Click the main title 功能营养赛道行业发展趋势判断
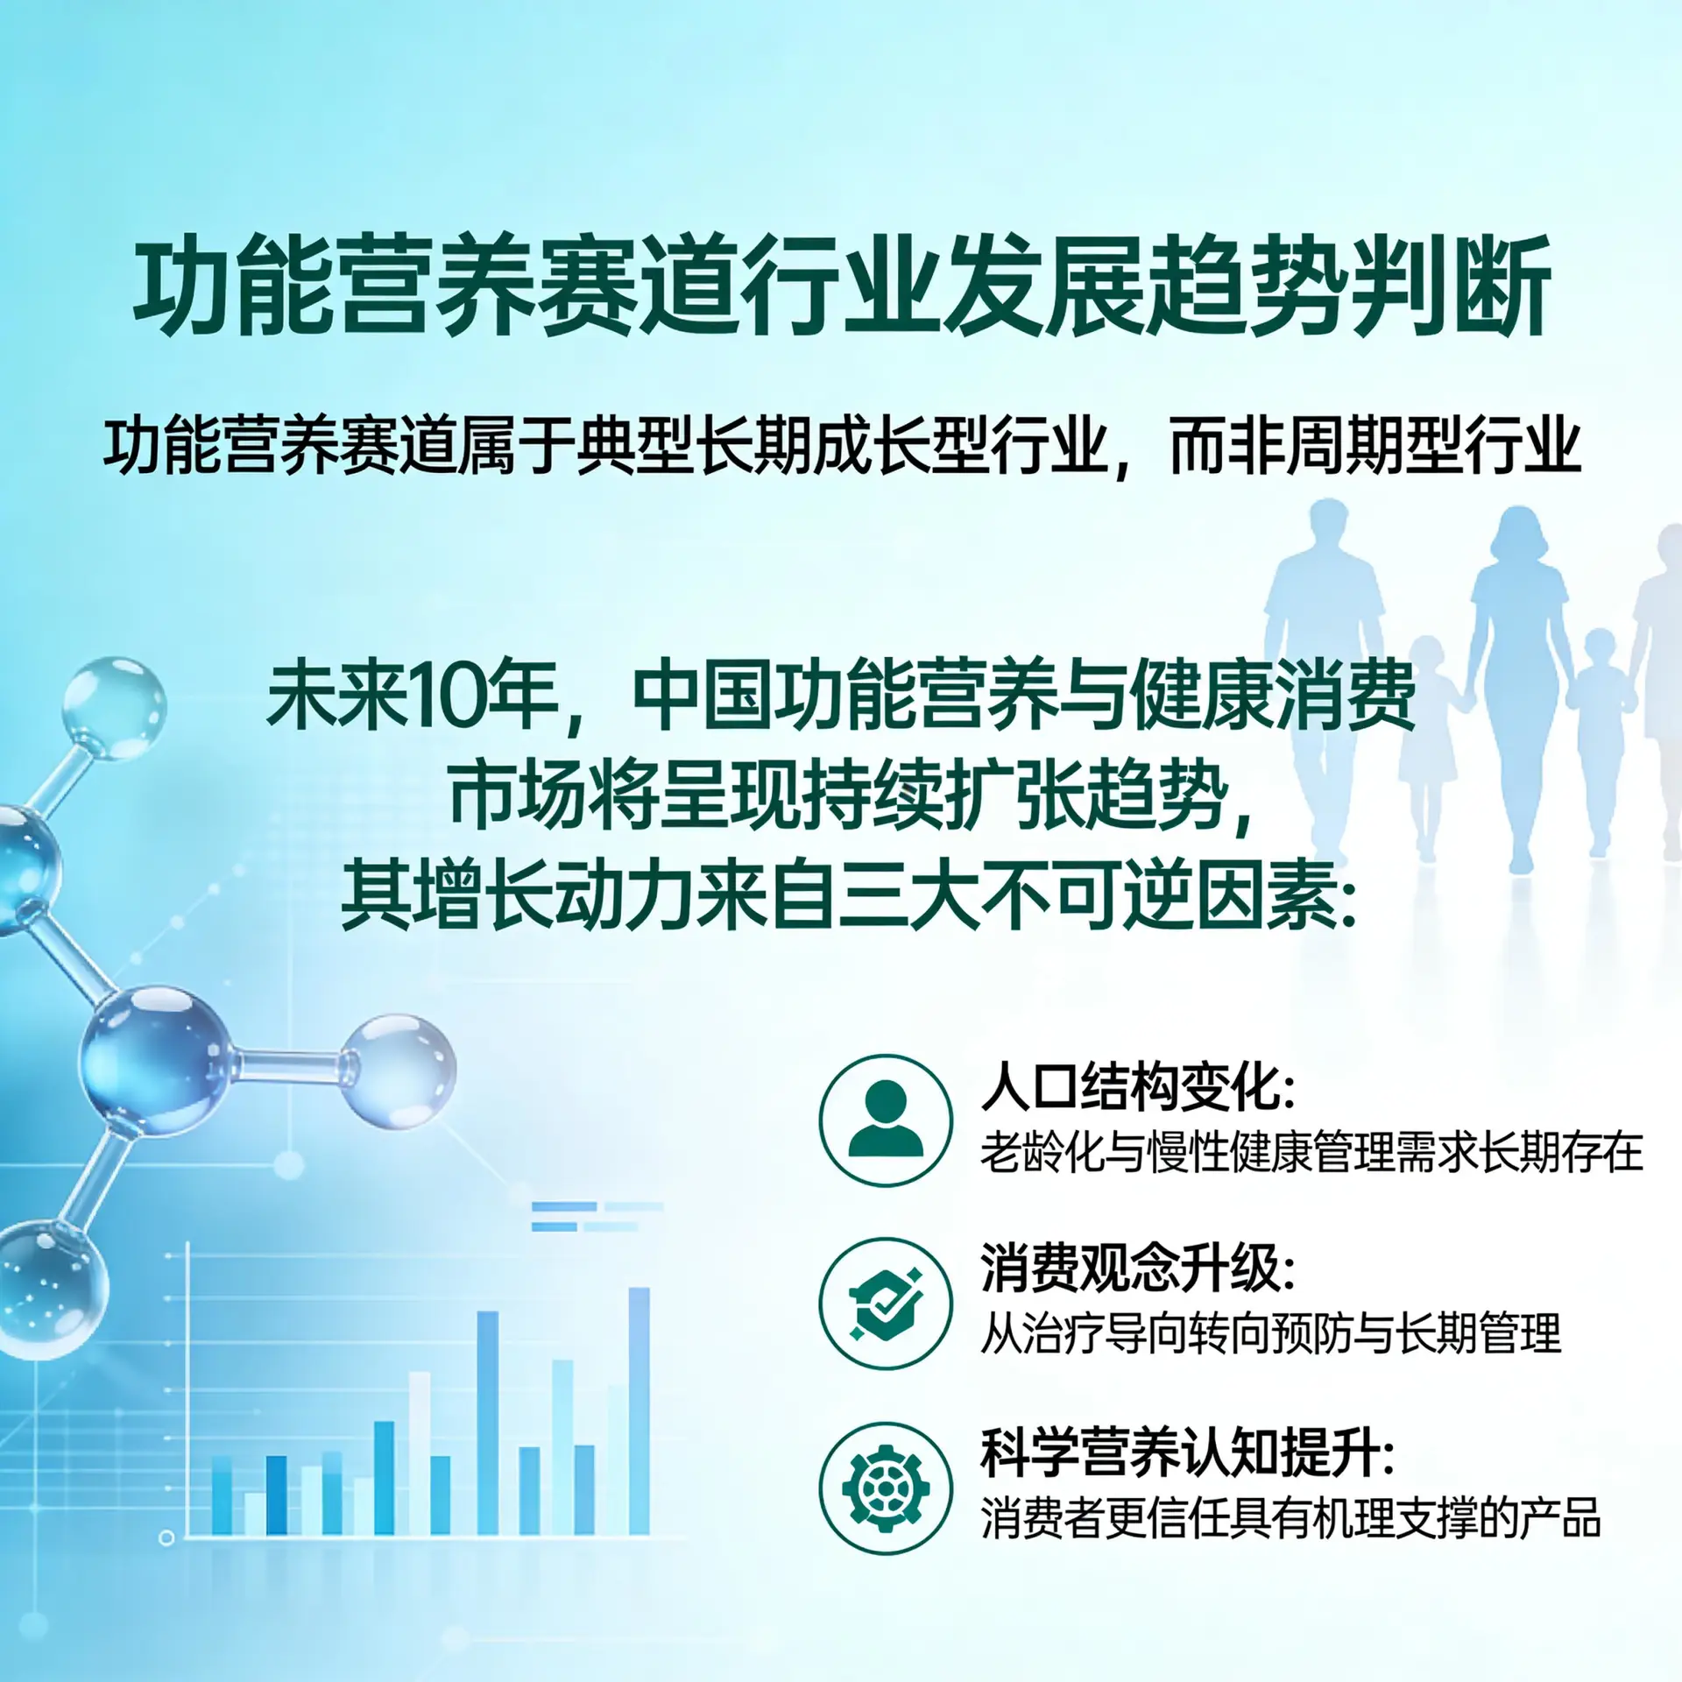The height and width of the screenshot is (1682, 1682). tap(841, 285)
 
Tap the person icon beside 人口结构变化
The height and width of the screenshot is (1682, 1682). tap(886, 1120)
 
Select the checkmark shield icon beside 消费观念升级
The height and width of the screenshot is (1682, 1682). tap(886, 1304)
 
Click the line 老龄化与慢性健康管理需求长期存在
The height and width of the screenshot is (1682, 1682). tap(1311, 1152)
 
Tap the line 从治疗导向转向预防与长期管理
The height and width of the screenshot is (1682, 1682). tap(1270, 1333)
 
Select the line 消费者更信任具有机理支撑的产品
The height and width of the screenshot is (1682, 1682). tap(1290, 1518)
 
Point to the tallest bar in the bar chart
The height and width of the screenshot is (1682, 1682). tap(640, 1410)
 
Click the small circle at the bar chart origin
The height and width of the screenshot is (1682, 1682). tap(166, 1537)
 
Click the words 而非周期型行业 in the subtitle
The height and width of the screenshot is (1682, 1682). tap(1375, 447)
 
